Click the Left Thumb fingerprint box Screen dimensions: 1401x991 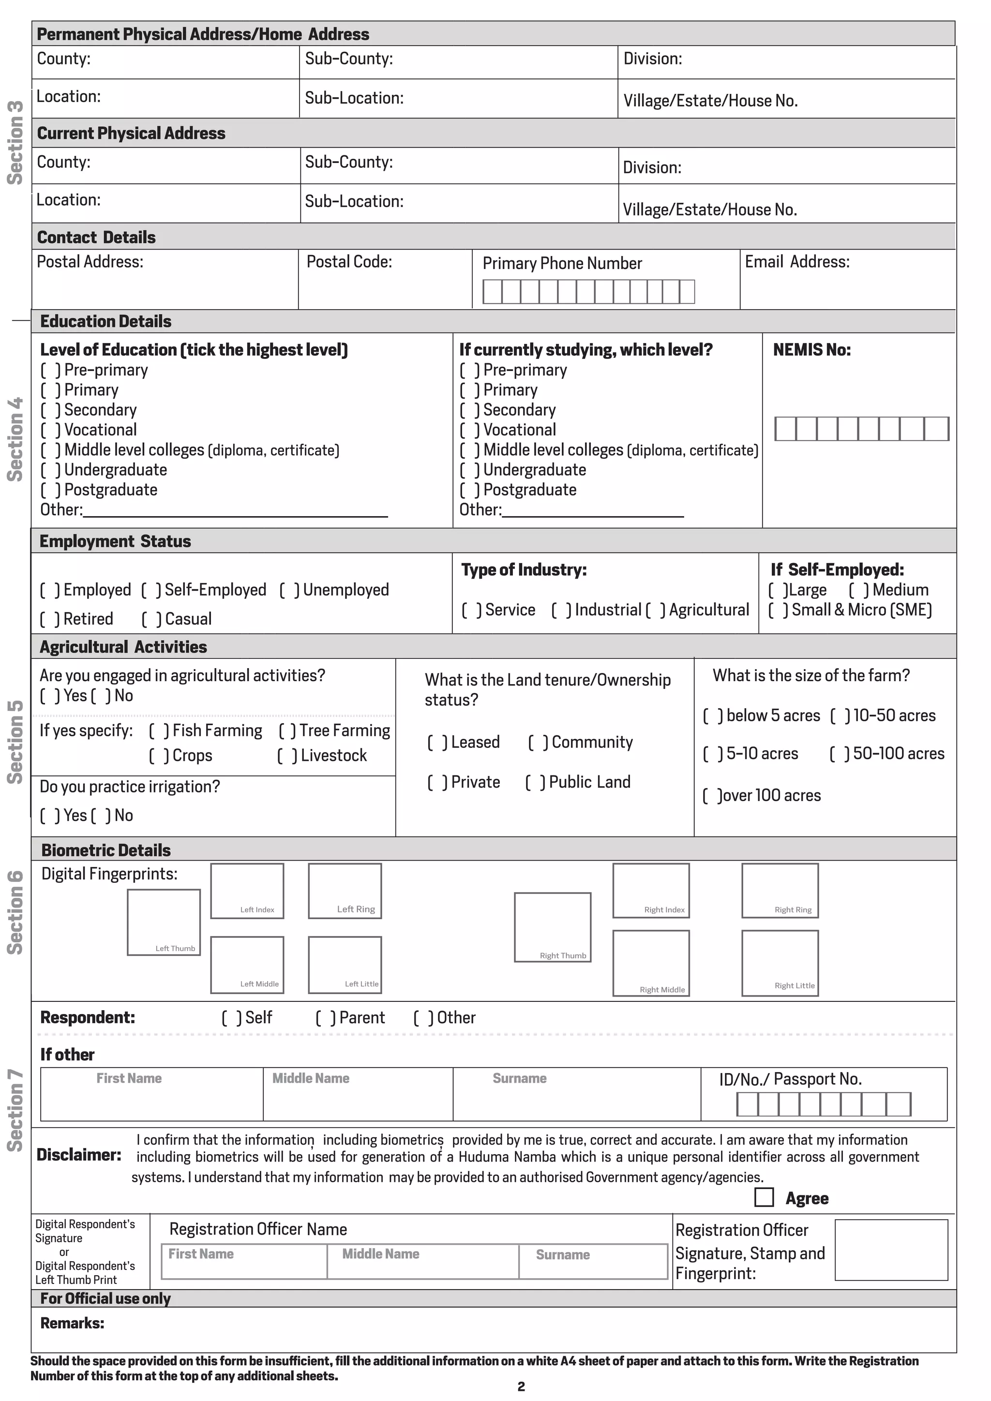pos(164,922)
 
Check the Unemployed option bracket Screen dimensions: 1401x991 pos(289,590)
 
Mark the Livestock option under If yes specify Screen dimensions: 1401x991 pos(287,756)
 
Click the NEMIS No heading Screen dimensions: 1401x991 pos(811,350)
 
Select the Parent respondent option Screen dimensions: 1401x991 pos(325,1018)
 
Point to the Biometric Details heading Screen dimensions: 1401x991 pos(105,850)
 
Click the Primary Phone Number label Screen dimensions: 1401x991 pos(561,264)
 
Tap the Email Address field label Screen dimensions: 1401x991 pos(796,262)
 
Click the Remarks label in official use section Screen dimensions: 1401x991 pos(72,1323)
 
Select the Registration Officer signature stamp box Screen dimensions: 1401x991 pos(890,1249)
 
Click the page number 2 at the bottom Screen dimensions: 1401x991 pos(521,1386)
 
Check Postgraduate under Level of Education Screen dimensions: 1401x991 pos(50,490)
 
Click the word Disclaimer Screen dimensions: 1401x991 pos(79,1154)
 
